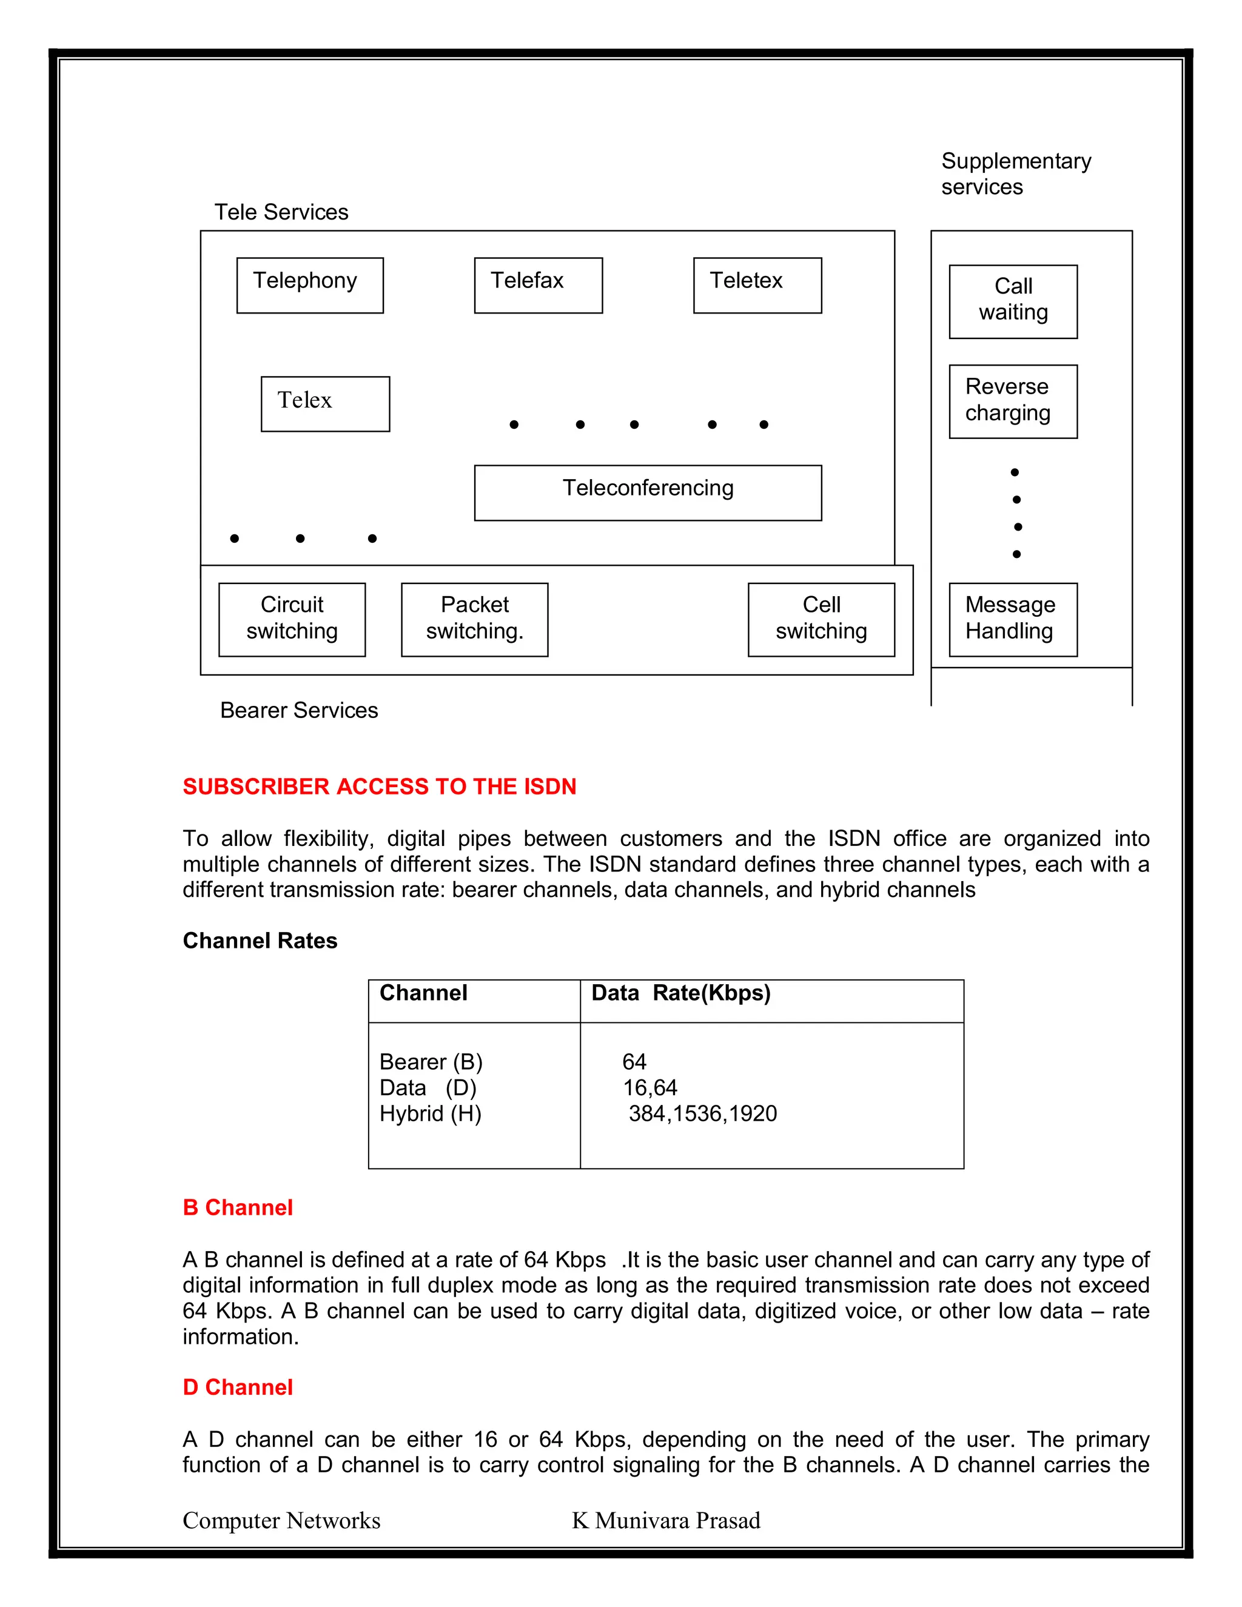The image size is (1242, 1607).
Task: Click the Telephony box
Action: pyautogui.click(x=310, y=286)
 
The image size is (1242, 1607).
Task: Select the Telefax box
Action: pyautogui.click(x=538, y=286)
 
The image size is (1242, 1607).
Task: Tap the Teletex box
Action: pyautogui.click(x=757, y=286)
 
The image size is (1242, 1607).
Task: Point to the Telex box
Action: pyautogui.click(x=325, y=404)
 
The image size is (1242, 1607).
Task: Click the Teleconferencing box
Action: pyautogui.click(x=648, y=492)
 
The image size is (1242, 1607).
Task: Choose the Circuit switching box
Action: pyautogui.click(x=292, y=620)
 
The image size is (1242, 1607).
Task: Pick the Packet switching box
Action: pyautogui.click(x=475, y=620)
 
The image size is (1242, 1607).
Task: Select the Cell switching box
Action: pyautogui.click(x=821, y=620)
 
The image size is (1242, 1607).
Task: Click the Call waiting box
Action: pyautogui.click(x=1013, y=301)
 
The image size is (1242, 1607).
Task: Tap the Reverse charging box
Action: pyautogui.click(x=1013, y=401)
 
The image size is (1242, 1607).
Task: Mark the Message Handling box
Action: pyautogui.click(x=1013, y=620)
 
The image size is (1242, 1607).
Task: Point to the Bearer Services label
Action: pyautogui.click(x=299, y=711)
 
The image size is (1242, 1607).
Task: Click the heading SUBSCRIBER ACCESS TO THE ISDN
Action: pyautogui.click(x=380, y=787)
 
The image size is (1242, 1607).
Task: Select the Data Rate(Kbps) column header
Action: pyautogui.click(x=680, y=993)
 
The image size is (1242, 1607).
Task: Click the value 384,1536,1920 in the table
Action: pyautogui.click(x=703, y=1113)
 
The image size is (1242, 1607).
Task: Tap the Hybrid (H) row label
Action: pyautogui.click(x=431, y=1113)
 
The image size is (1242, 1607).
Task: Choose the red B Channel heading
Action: pyautogui.click(x=238, y=1207)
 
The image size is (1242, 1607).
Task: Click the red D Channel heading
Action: pyautogui.click(x=238, y=1387)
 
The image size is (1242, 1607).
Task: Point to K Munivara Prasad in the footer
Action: pyautogui.click(x=666, y=1520)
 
